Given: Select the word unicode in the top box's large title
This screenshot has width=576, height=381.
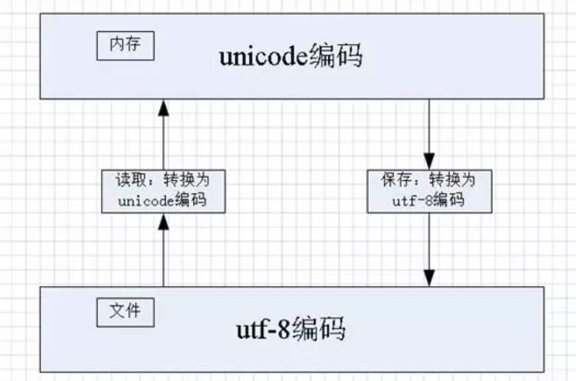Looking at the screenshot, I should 262,57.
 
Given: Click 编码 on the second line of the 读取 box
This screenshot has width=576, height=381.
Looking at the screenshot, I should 190,200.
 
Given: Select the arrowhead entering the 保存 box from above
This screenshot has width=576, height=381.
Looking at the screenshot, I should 429,161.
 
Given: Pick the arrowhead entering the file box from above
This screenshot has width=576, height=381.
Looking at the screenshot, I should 429,279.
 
